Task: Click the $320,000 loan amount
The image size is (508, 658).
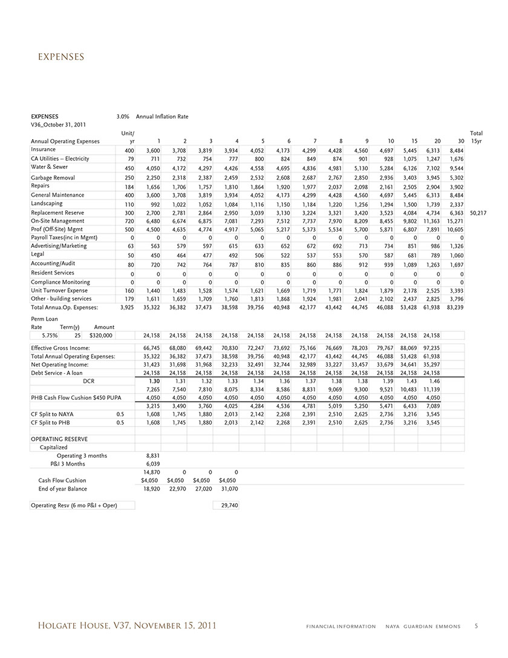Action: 100,334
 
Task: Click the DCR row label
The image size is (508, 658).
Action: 88,381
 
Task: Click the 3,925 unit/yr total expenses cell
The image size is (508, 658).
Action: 126,308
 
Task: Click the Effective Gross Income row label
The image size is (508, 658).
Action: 60,348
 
